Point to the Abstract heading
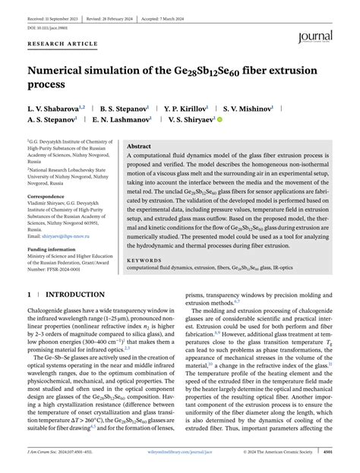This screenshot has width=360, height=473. point(140,146)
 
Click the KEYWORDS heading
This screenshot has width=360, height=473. point(144,260)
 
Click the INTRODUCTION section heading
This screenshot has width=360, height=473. point(75,294)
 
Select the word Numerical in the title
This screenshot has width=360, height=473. point(63,71)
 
